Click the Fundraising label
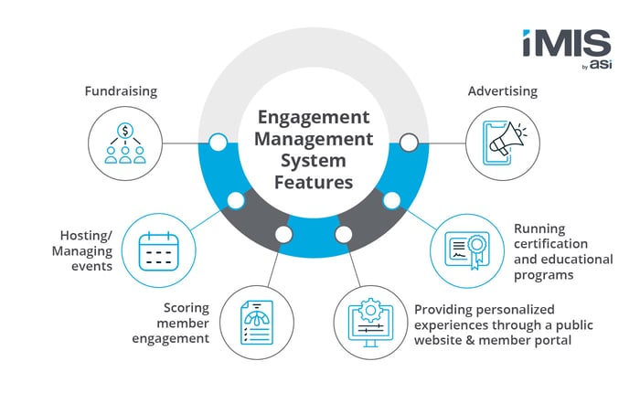tap(121, 91)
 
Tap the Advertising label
tap(501, 91)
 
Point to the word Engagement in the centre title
tap(313, 118)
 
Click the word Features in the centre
tap(314, 182)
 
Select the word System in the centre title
tap(314, 161)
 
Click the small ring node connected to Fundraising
tap(218, 143)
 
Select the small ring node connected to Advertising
tap(410, 143)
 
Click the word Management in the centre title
tap(314, 140)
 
